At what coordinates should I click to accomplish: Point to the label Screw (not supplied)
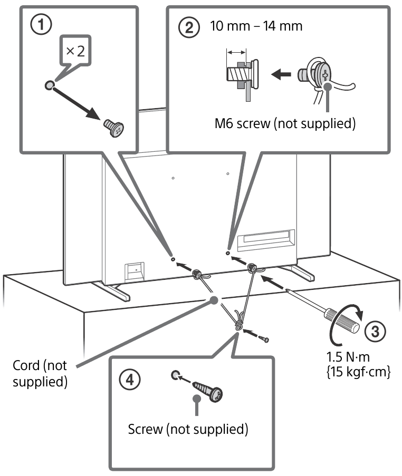[x=188, y=429]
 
